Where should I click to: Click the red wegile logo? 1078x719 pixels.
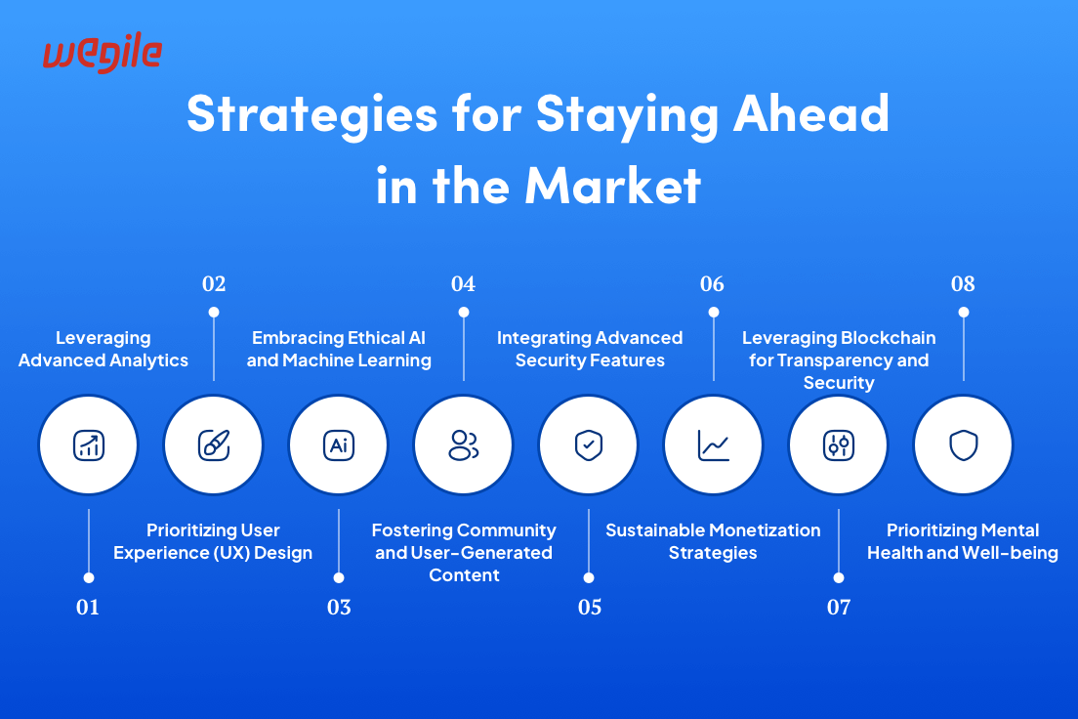pyautogui.click(x=103, y=54)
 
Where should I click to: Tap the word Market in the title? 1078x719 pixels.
pyautogui.click(x=612, y=186)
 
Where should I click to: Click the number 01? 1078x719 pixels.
pyautogui.click(x=88, y=607)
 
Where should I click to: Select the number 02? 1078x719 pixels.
pyautogui.click(x=214, y=283)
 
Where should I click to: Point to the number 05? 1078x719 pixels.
pyautogui.click(x=589, y=607)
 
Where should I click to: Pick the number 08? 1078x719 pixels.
pyautogui.click(x=963, y=283)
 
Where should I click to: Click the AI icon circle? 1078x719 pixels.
pyautogui.click(x=338, y=445)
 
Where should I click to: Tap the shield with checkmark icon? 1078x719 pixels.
pyautogui.click(x=589, y=445)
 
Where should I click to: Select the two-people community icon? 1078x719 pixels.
pyautogui.click(x=464, y=445)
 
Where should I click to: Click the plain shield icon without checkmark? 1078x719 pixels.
pyautogui.click(x=963, y=445)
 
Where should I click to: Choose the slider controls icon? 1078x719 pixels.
pyautogui.click(x=839, y=445)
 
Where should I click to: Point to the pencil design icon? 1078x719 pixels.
pyautogui.click(x=214, y=445)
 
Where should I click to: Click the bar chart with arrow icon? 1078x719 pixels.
pyautogui.click(x=89, y=445)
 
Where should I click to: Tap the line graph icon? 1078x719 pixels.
pyautogui.click(x=714, y=445)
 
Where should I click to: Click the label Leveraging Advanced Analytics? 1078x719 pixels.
pyautogui.click(x=104, y=349)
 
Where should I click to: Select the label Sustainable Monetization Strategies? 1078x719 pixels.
pyautogui.click(x=713, y=541)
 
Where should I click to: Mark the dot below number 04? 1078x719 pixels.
pyautogui.click(x=464, y=313)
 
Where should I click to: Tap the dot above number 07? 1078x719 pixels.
pyautogui.click(x=839, y=578)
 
